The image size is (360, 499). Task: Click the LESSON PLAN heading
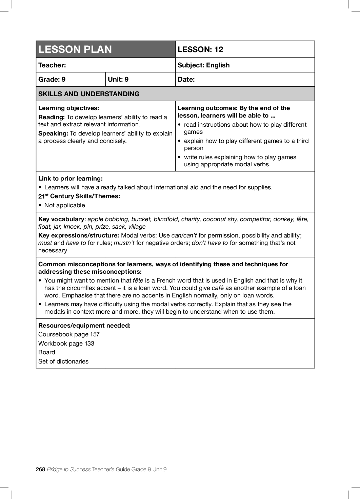[x=75, y=49]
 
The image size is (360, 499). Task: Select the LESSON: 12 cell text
[x=200, y=49]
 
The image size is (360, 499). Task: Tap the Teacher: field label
[x=52, y=65]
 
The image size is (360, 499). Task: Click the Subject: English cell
[x=203, y=65]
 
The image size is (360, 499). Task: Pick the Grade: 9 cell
[x=52, y=79]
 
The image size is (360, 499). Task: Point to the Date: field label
[x=186, y=79]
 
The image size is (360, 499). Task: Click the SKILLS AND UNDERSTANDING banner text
[x=89, y=94]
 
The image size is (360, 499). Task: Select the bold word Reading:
[x=52, y=117]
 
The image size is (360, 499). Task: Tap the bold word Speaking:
[x=53, y=133]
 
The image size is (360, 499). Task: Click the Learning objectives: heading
[x=68, y=108]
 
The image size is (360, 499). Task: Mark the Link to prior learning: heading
[x=71, y=179]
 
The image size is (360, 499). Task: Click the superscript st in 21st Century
[x=47, y=195]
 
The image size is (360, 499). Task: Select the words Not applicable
[x=65, y=205]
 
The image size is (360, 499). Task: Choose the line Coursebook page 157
[x=69, y=334]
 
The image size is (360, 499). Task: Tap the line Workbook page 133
[x=66, y=344]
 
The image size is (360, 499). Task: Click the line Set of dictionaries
[x=63, y=361]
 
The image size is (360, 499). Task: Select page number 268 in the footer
[x=40, y=469]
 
